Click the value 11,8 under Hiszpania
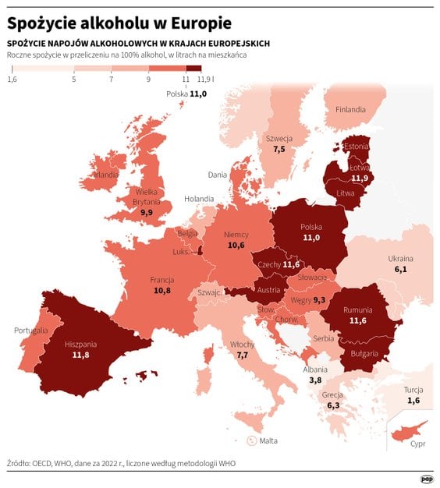pos(81,355)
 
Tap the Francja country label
pos(162,280)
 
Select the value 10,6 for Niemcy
pos(236,245)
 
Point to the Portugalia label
pos(31,331)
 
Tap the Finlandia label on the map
pos(350,110)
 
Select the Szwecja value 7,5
pos(279,148)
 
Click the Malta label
pos(268,440)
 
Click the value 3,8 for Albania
pos(315,380)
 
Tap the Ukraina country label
pos(401,259)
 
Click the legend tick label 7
pos(112,80)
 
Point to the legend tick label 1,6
pos(12,80)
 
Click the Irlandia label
pos(105,175)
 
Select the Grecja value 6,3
pos(333,405)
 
